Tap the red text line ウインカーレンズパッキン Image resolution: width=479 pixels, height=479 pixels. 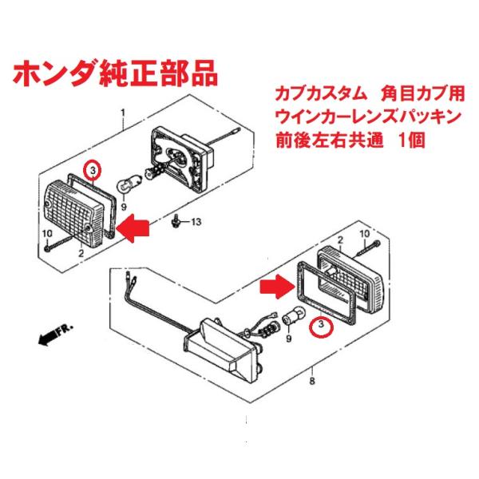pyautogui.click(x=366, y=117)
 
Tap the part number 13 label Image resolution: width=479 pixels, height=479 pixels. pyautogui.click(x=197, y=220)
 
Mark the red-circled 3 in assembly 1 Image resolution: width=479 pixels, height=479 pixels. pyautogui.click(x=93, y=170)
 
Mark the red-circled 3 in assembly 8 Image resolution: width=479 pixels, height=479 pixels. pyautogui.click(x=321, y=326)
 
